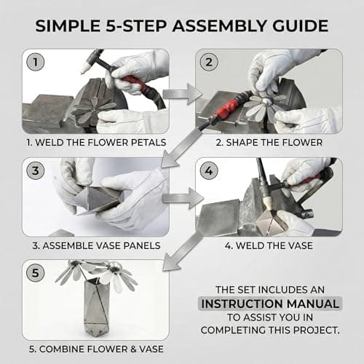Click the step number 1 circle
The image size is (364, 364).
[33, 61]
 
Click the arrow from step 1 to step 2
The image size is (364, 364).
[181, 92]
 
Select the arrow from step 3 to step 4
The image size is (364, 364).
[181, 197]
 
